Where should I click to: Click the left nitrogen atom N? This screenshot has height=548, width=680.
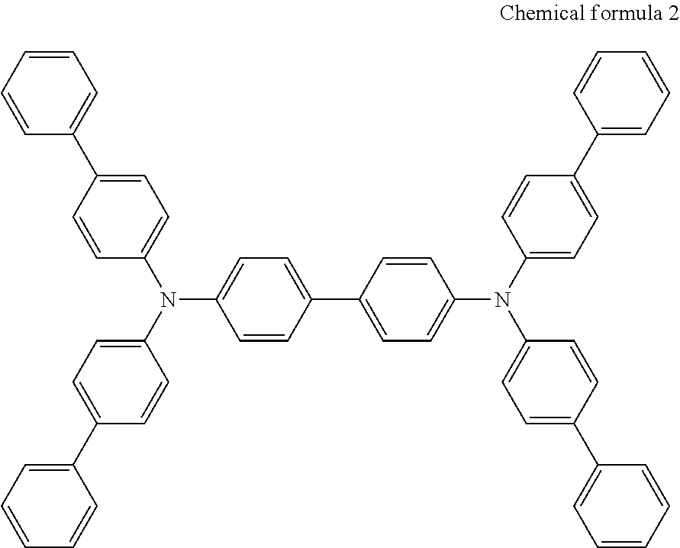coord(168,299)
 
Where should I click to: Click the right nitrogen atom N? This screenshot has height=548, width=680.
coord(501,298)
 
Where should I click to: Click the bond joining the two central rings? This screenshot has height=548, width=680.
coord(335,299)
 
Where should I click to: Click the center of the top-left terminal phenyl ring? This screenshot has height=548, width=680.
coord(50,93)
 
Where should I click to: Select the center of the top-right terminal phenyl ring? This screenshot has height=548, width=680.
coord(621,93)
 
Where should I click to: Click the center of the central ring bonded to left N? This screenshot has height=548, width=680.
coord(264,299)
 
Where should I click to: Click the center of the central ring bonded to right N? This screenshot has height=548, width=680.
coord(406,299)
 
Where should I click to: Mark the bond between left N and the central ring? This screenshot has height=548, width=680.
coord(198,299)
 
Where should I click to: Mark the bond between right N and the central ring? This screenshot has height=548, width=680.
coord(473,299)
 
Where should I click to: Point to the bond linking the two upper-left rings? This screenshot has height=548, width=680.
coord(85,155)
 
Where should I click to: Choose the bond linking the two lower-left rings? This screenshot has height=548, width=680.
coord(85,443)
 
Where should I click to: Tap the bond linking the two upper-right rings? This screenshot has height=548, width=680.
coord(585,155)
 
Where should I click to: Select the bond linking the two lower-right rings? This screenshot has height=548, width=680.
coord(585,443)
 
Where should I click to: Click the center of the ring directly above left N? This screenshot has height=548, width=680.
coord(121,217)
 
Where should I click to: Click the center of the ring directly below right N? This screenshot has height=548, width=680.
coord(549,381)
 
